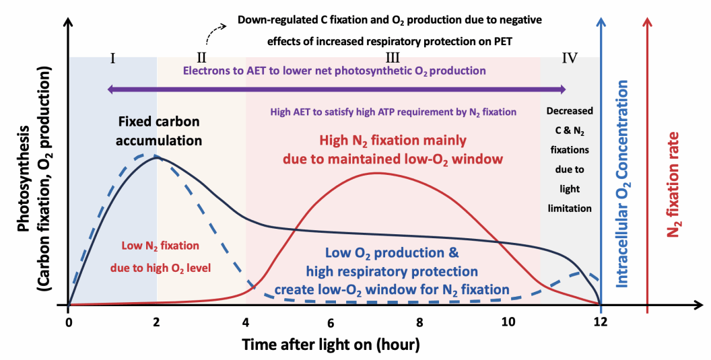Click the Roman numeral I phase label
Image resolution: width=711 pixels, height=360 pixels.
(112, 57)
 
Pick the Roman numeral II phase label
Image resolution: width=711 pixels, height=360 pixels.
(201, 57)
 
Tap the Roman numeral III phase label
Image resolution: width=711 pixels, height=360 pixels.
(393, 57)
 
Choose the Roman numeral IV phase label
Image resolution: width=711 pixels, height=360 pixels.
(570, 57)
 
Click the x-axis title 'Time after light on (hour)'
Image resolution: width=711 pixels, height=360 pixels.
(332, 345)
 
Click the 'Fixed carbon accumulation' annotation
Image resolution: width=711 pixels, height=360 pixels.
(160, 132)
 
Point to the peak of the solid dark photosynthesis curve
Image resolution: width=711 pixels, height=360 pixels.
(156, 157)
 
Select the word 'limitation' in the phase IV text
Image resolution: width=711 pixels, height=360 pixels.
(569, 209)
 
